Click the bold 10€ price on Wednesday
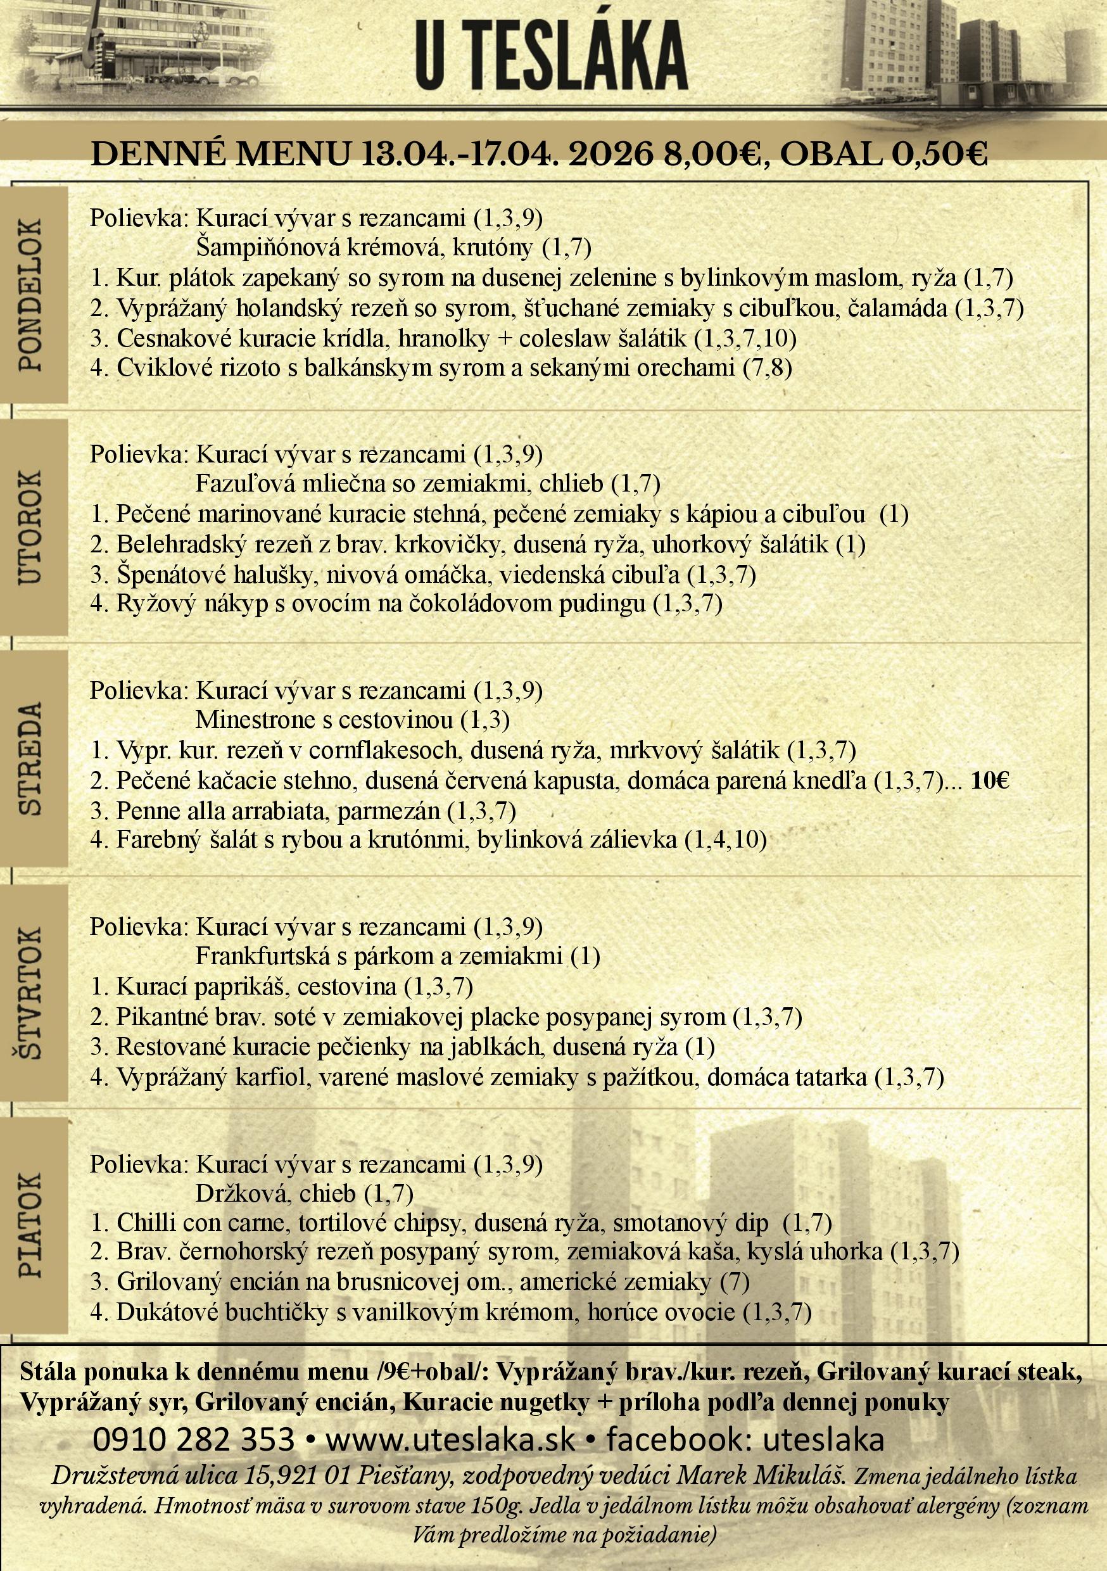(989, 780)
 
